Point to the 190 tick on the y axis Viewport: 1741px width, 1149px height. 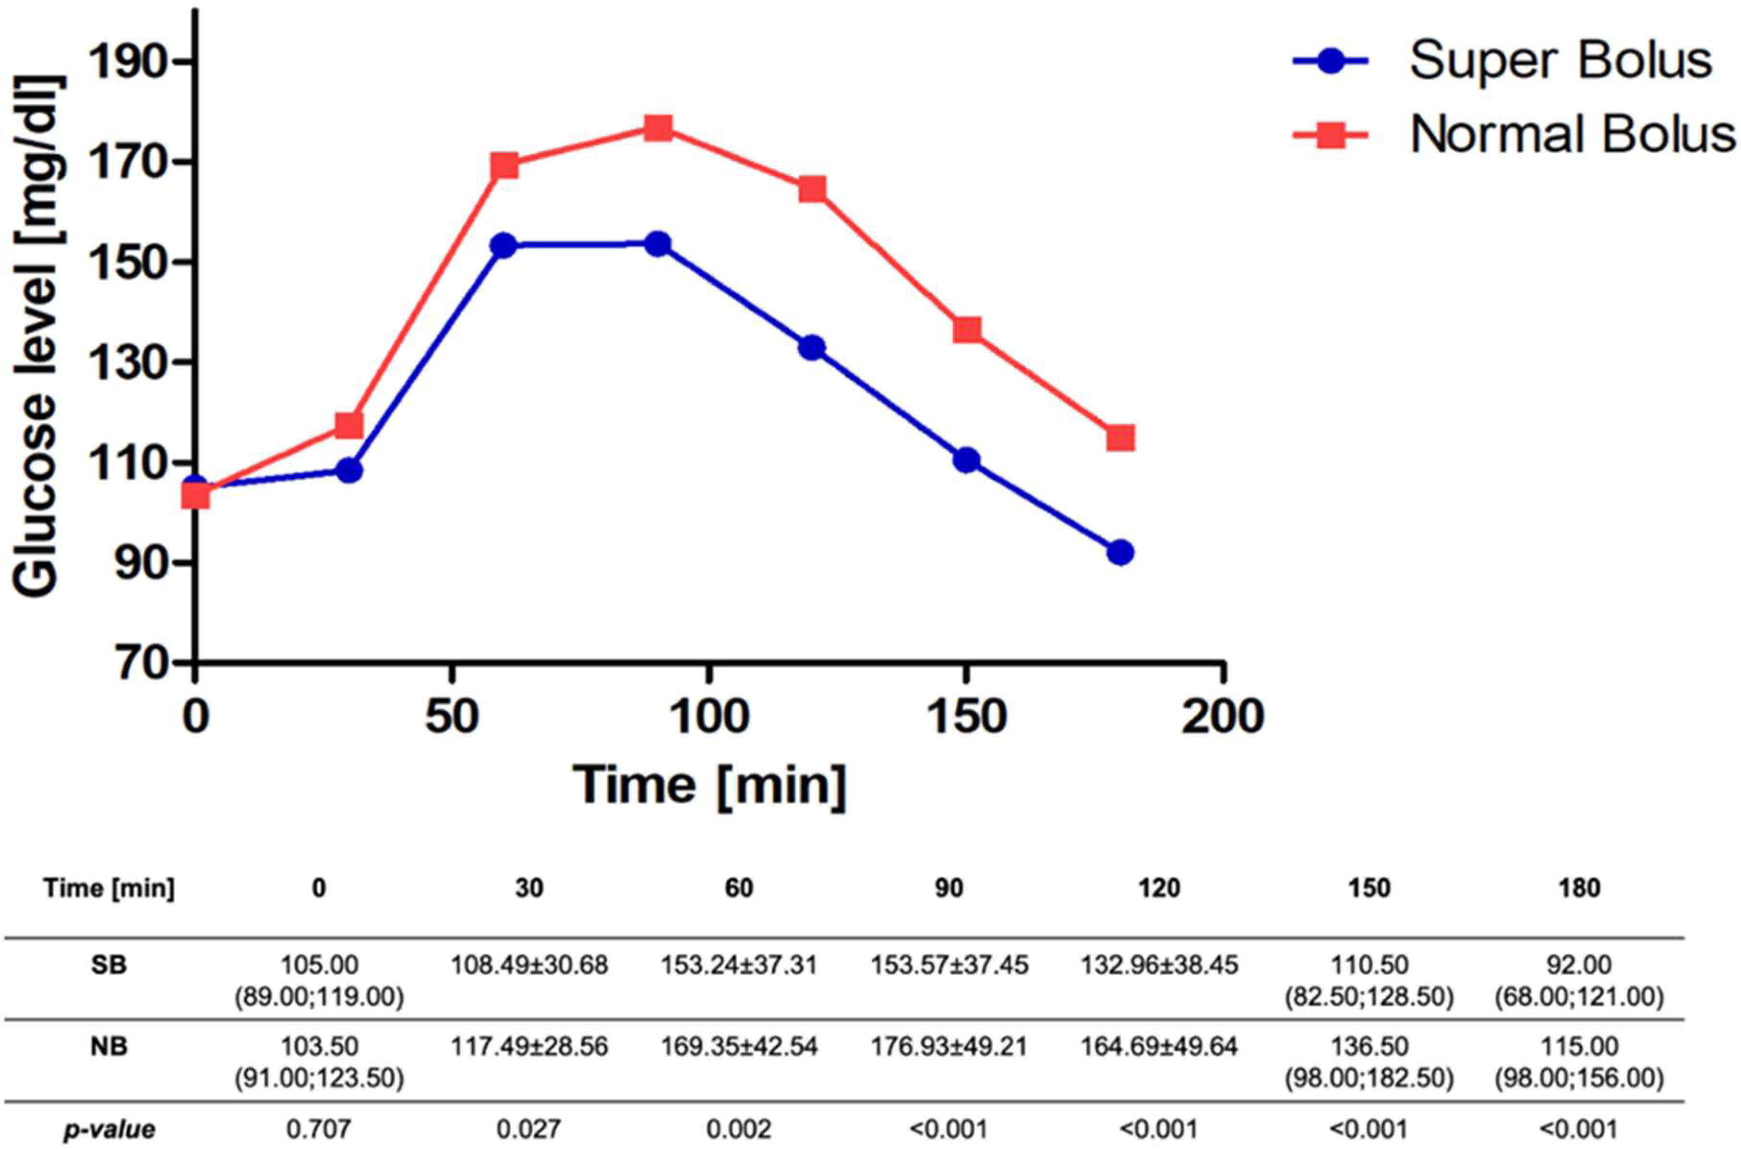coord(133,62)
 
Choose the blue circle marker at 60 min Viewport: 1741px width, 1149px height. coord(504,245)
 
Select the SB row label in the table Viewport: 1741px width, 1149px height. coord(108,965)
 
